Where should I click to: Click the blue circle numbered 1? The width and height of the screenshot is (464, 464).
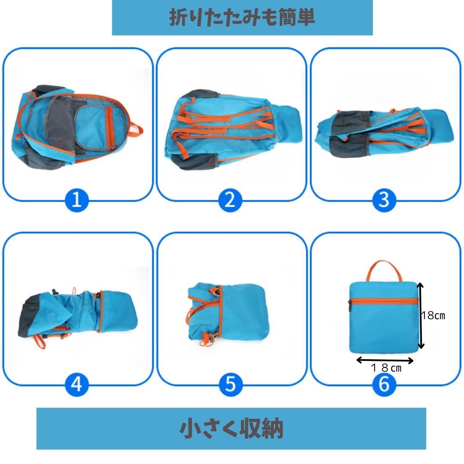[x=76, y=200]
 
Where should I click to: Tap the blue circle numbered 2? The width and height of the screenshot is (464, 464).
[x=230, y=200]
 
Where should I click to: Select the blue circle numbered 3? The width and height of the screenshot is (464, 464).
[x=384, y=200]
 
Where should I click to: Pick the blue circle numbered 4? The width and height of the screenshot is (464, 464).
[x=76, y=385]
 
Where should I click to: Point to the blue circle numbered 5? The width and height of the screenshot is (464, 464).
[x=231, y=385]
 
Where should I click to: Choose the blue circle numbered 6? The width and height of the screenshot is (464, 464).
[x=384, y=385]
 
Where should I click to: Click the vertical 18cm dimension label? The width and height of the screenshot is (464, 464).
[x=433, y=315]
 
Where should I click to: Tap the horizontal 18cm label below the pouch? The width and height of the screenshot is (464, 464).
[x=386, y=368]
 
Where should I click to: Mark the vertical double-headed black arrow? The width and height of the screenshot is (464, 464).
[x=421, y=315]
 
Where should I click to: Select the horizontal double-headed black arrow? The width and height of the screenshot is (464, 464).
[x=385, y=360]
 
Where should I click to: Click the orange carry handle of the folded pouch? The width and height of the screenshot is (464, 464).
[x=384, y=262]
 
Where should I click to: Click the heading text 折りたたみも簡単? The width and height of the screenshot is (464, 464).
[x=242, y=17]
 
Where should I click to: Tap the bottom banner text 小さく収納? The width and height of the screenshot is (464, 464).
[x=232, y=428]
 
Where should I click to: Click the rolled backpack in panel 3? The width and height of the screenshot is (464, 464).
[x=384, y=133]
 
